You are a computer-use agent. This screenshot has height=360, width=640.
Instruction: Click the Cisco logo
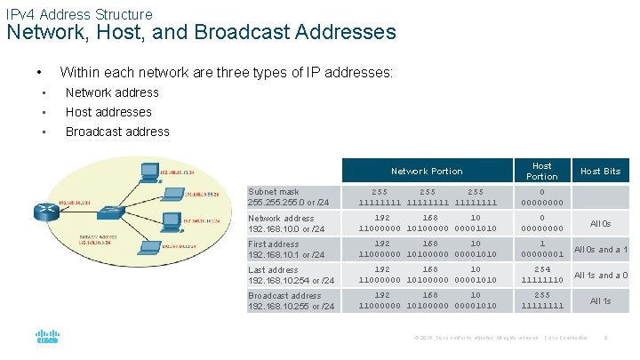click(x=47, y=338)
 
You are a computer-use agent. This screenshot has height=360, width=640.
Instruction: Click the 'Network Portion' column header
click(x=427, y=172)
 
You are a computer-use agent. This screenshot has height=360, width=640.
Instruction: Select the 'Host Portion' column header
click(x=541, y=172)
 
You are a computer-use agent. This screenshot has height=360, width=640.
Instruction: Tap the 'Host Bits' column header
click(x=600, y=172)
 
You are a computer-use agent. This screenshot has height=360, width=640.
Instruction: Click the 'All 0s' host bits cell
click(x=601, y=224)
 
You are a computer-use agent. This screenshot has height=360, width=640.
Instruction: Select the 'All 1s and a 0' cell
click(x=601, y=276)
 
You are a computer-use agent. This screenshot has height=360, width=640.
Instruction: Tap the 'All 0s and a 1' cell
click(x=601, y=250)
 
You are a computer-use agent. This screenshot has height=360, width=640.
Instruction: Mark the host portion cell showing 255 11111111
click(x=541, y=300)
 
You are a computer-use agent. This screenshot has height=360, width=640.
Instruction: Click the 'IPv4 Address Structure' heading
click(x=78, y=14)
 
